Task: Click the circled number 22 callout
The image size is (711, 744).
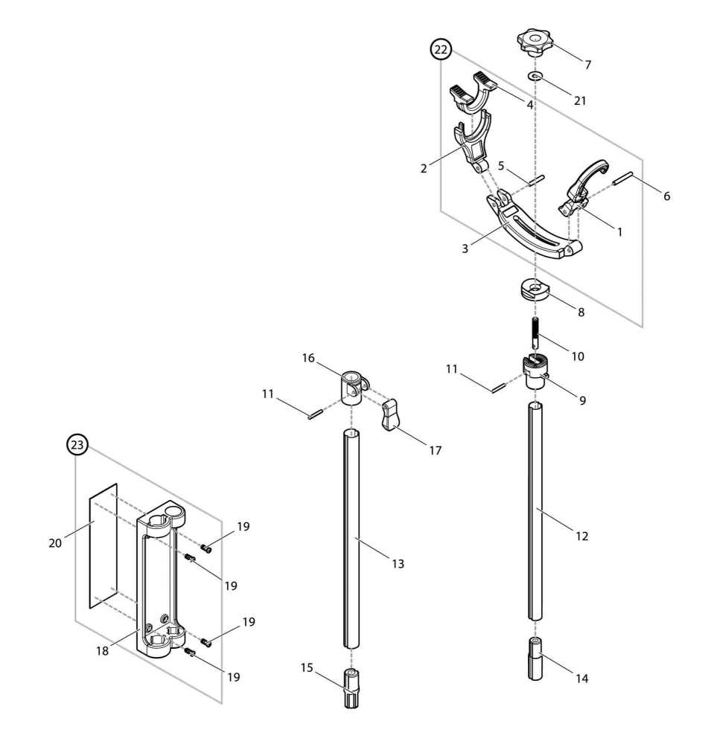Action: point(441,50)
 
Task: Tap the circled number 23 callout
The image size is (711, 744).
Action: point(77,445)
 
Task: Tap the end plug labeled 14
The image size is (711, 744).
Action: point(536,658)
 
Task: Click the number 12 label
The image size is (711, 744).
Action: point(581,536)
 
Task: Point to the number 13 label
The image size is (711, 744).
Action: point(398,564)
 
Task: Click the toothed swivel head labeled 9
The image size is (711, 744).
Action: point(536,372)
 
